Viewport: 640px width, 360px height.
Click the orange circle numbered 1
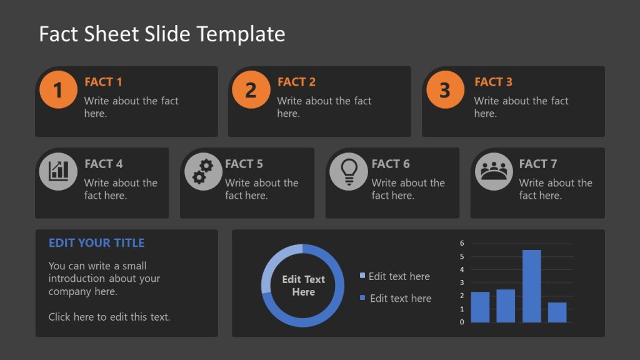tap(57, 90)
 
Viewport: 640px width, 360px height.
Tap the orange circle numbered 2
tap(251, 90)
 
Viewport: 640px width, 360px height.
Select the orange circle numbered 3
tap(445, 90)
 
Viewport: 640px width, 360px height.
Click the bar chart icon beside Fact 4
tap(58, 171)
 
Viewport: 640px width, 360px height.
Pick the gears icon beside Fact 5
tap(203, 171)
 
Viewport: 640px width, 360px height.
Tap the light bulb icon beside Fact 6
tap(349, 171)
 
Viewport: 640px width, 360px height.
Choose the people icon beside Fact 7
tap(494, 171)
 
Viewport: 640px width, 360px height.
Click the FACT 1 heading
tap(104, 82)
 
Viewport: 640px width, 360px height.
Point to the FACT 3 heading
tap(493, 82)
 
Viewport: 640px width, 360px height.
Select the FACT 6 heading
tap(391, 164)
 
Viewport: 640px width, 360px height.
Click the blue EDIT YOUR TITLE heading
tap(96, 242)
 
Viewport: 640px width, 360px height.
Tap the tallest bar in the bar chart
tap(531, 286)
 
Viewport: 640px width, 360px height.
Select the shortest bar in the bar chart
tap(557, 312)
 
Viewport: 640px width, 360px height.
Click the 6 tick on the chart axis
tap(462, 242)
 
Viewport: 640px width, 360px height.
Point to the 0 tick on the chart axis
tap(462, 322)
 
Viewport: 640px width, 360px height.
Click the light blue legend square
tap(362, 276)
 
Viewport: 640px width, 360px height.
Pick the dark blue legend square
tap(362, 298)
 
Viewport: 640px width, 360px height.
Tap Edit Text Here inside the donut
tap(303, 286)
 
